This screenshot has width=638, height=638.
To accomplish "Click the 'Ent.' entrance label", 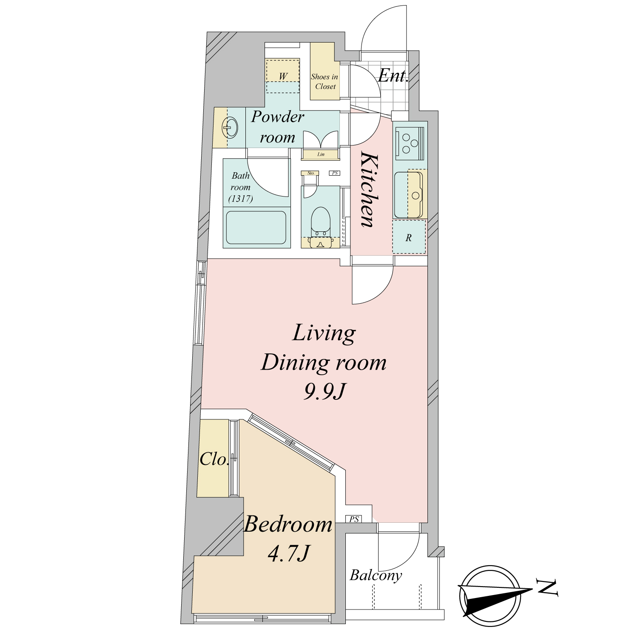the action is pos(393,76).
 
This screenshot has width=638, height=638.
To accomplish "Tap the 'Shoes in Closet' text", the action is pos(325,82).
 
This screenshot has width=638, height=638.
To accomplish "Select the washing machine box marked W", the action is pos(283,76).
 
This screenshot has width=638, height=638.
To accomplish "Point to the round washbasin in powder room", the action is pos(230,127).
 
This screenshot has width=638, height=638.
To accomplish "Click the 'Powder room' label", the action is pos(277,127).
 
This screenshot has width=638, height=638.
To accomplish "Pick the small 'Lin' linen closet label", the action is pos(321,154).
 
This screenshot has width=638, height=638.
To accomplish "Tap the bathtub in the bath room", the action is pos(256,228).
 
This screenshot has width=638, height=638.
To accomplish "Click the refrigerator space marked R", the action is pos(408,237).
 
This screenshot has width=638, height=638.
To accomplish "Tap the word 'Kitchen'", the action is pos(368,190).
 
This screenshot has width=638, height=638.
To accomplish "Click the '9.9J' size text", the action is pos(325,391).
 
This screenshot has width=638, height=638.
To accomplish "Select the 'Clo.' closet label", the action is pos(214,459).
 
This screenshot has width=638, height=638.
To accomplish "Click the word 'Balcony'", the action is pos(376,575).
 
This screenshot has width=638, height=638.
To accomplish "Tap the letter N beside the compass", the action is pos(547,587).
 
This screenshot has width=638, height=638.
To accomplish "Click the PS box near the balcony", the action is pos(354,519).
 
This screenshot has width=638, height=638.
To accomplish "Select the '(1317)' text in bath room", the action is pos(241,199).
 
